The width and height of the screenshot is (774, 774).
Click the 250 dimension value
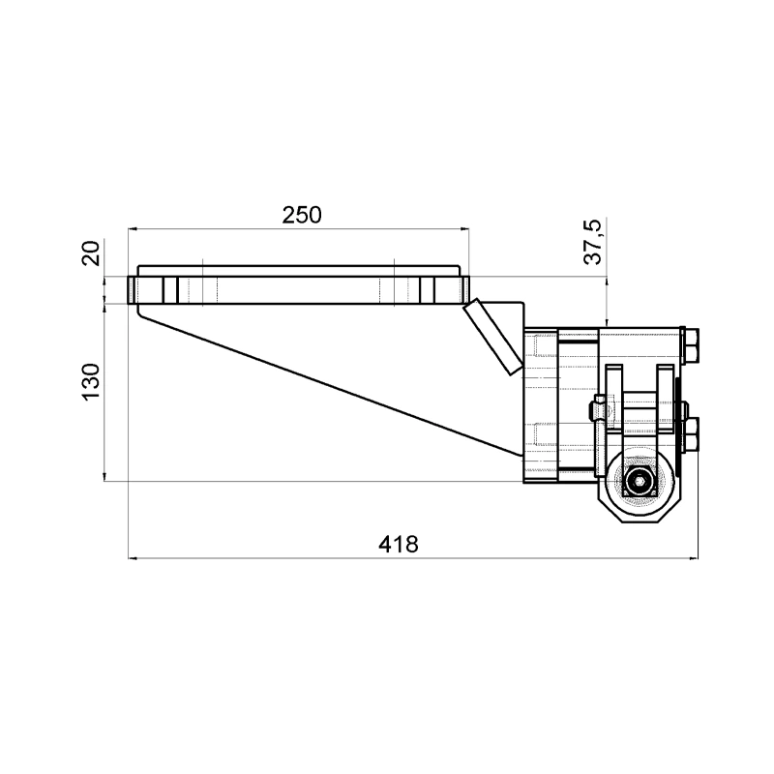click(302, 215)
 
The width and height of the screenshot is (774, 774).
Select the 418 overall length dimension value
click(399, 544)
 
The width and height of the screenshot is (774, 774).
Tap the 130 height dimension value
click(92, 382)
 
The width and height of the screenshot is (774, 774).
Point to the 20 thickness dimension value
click(92, 253)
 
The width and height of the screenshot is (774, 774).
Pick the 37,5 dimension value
click(593, 241)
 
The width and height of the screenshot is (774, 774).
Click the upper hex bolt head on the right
click(691, 344)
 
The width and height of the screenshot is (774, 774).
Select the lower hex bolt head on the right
click(691, 434)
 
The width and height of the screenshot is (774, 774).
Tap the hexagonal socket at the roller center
click(640, 480)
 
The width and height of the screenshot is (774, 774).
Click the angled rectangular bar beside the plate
click(492, 337)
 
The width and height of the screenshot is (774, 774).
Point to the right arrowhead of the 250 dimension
click(465, 229)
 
